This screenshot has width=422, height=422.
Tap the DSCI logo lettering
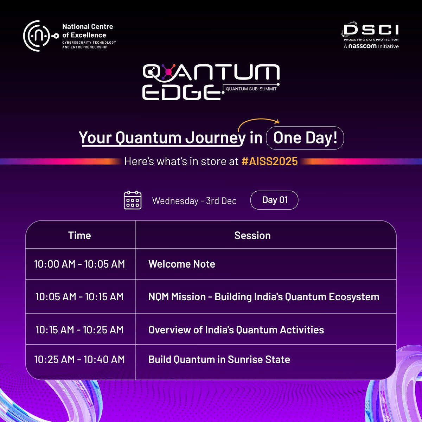pos(371,30)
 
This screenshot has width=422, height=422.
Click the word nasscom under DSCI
pos(362,46)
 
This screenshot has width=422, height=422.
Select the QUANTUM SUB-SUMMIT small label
pos(251,89)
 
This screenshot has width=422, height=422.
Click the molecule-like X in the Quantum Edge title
pos(168,72)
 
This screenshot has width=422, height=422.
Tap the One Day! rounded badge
pos(305,138)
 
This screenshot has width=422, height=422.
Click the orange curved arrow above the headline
pos(258,125)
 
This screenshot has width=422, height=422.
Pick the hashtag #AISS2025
pos(270,161)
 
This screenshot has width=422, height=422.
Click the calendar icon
pos(133,200)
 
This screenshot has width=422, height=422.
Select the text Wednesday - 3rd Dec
pos(194,201)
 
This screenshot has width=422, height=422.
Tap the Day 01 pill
pos(274,200)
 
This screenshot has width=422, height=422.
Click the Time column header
pos(79,235)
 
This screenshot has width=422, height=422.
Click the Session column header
pos(252,235)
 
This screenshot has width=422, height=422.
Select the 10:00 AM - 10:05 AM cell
pos(79,264)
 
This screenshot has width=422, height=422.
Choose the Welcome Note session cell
pos(181,264)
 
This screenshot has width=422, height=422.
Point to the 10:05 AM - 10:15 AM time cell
pos(79,296)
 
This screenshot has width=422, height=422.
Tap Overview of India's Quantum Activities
pos(236,330)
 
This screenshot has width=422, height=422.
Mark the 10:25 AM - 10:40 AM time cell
pos(79,359)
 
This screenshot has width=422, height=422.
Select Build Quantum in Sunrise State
pos(219,359)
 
